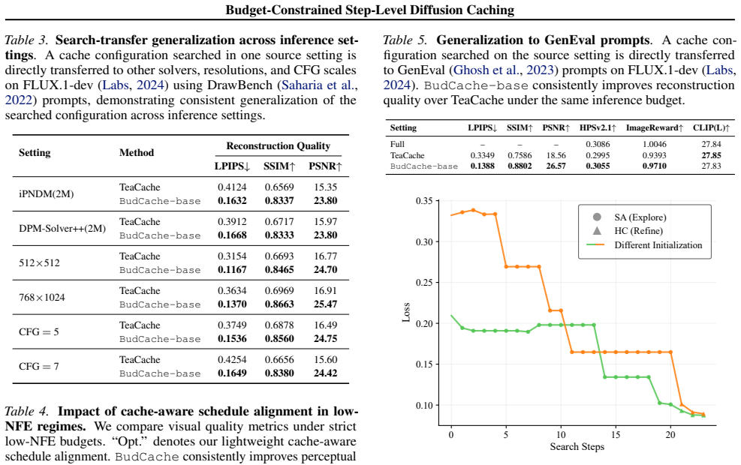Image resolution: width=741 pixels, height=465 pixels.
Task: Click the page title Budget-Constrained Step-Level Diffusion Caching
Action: pos(369,10)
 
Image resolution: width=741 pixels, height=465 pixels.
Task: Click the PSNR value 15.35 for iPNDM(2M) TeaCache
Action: pos(325,187)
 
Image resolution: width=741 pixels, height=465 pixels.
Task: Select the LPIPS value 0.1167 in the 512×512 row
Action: pos(232,269)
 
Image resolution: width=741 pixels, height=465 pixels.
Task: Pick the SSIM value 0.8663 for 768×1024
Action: pos(279,304)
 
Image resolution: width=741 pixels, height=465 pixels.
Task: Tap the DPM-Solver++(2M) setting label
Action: pos(62,229)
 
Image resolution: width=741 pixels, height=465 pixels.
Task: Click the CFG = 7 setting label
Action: pos(39,366)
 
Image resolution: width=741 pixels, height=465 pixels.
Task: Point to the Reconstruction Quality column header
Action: pos(278,145)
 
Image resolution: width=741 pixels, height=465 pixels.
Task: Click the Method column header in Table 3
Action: pos(137,152)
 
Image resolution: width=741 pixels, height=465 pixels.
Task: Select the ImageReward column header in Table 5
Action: pos(655,128)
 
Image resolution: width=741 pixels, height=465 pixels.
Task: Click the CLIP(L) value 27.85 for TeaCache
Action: pos(711,155)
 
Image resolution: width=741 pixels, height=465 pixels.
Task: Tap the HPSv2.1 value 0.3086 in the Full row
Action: pos(598,144)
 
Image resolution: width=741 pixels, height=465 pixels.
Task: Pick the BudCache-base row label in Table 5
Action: pos(424,166)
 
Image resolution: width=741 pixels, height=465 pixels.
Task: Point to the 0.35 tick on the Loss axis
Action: pos(424,201)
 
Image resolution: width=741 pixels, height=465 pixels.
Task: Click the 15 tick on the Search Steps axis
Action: pos(616,435)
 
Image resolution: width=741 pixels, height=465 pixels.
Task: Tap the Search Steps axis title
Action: pos(577,446)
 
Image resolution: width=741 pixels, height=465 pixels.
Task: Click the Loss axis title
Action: pos(406,312)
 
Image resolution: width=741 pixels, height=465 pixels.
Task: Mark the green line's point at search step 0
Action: pos(451,315)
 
